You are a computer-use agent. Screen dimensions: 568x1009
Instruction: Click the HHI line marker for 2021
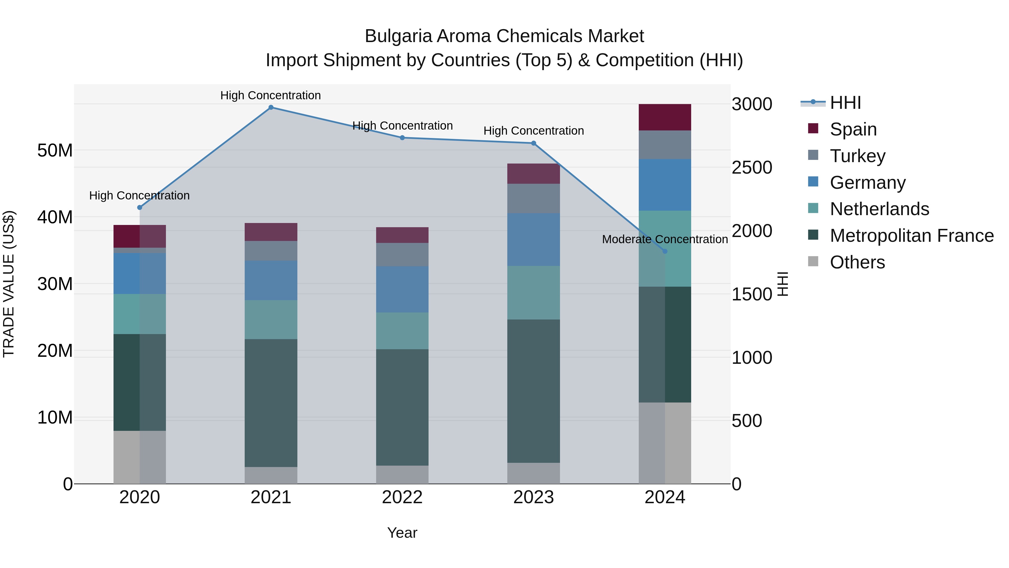(x=271, y=107)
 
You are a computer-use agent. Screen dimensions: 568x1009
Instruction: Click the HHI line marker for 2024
(x=665, y=251)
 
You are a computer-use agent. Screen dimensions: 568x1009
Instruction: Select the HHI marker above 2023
(x=533, y=143)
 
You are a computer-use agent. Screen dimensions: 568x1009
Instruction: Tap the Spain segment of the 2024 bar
(x=665, y=117)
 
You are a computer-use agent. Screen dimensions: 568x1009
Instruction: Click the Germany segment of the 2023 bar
(x=533, y=240)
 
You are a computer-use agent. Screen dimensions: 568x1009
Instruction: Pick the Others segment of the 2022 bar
(x=402, y=474)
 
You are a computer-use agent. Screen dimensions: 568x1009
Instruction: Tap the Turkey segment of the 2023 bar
(x=533, y=198)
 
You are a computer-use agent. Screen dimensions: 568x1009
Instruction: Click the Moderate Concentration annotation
(x=665, y=239)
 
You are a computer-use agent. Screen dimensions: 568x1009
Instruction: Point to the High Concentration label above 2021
(x=271, y=95)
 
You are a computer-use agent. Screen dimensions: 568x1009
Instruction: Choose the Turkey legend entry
(x=857, y=156)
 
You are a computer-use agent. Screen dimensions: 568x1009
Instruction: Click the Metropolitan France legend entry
(x=911, y=236)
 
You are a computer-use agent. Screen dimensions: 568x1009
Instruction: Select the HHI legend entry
(x=845, y=103)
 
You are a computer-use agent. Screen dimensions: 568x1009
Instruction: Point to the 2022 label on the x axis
(x=402, y=497)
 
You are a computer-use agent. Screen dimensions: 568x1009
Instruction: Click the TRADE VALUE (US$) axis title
(x=9, y=284)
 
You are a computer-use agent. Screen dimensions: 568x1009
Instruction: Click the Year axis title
(x=402, y=533)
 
